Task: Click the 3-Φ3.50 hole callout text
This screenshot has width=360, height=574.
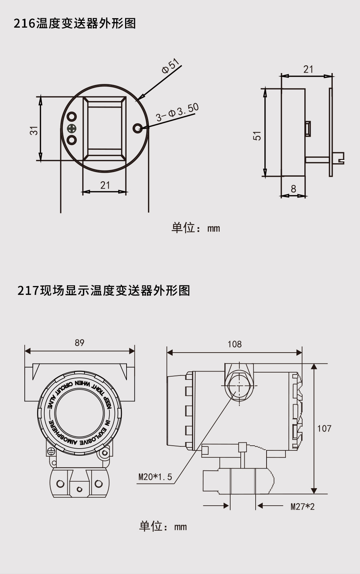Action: (x=177, y=112)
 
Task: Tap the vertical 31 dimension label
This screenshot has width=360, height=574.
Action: (x=34, y=130)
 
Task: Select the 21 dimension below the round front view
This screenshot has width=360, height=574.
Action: (x=105, y=185)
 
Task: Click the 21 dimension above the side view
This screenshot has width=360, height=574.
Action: (x=308, y=69)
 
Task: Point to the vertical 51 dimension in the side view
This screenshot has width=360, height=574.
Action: (x=257, y=136)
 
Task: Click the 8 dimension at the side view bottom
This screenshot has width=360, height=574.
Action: (x=293, y=189)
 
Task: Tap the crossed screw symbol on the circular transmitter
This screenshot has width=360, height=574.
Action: (x=72, y=128)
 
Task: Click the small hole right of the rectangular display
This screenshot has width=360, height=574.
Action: (x=138, y=128)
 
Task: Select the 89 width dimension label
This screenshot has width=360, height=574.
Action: (x=79, y=343)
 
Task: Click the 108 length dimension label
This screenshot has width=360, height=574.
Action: (x=235, y=344)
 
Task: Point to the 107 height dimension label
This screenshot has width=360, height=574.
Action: (x=324, y=429)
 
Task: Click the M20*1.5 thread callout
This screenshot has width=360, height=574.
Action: (x=155, y=477)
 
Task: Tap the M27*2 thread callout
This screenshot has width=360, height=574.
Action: (x=302, y=506)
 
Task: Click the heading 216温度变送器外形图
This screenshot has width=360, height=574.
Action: (x=75, y=23)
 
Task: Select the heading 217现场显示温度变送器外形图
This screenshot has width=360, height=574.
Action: (x=104, y=290)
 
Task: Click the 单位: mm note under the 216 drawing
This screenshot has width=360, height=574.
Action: (x=196, y=228)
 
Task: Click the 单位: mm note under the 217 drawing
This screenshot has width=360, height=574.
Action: (x=163, y=526)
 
